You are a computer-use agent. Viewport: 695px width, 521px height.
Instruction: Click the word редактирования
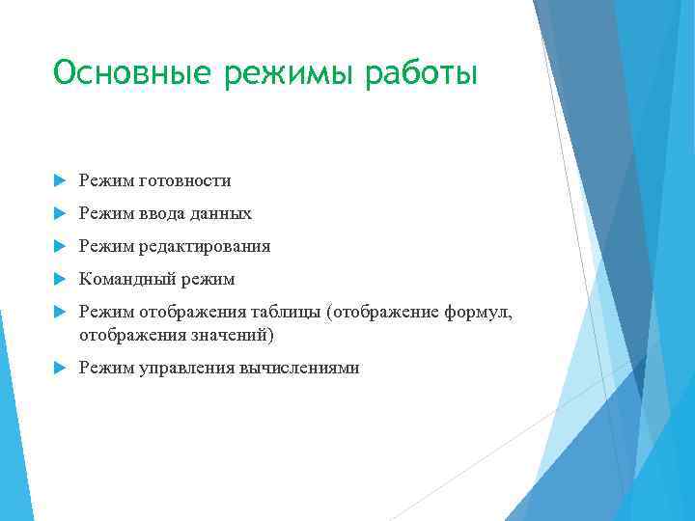click(205, 247)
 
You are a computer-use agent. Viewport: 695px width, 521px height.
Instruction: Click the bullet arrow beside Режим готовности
click(60, 181)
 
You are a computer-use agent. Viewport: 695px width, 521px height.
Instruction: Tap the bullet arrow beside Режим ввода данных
click(60, 214)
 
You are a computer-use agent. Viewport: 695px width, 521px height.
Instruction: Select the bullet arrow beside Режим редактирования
click(60, 247)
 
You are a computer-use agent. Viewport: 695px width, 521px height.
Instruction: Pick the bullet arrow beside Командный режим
click(60, 280)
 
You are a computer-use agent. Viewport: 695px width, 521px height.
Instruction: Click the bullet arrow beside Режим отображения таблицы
click(60, 312)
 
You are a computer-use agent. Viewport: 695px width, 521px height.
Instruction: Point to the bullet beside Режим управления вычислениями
click(60, 368)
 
